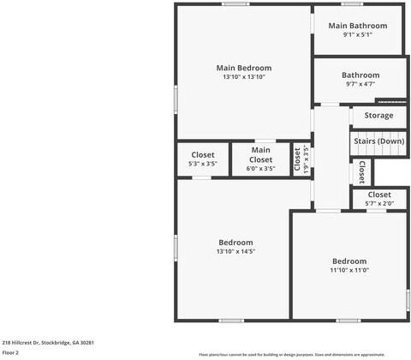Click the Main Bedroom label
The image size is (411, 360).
pos(244,68)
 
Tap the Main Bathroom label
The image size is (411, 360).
pos(358,26)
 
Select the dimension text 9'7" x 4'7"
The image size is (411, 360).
pos(360,84)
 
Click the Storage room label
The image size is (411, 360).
pos(378,115)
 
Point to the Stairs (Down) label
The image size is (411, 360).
pos(378,141)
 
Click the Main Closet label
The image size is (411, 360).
pos(260,154)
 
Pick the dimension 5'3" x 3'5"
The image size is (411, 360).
pos(203,163)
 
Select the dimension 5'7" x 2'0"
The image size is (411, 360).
pos(378,203)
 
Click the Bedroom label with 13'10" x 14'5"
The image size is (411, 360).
pos(235,242)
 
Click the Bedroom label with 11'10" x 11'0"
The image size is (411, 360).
pos(349,261)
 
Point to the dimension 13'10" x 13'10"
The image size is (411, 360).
pos(244,77)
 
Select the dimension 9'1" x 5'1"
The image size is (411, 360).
pos(358,35)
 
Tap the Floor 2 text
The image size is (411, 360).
pos(10,352)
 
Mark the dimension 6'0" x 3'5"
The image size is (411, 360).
pos(260,169)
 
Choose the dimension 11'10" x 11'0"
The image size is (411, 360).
pos(349,270)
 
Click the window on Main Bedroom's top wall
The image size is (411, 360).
pos(235,4)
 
